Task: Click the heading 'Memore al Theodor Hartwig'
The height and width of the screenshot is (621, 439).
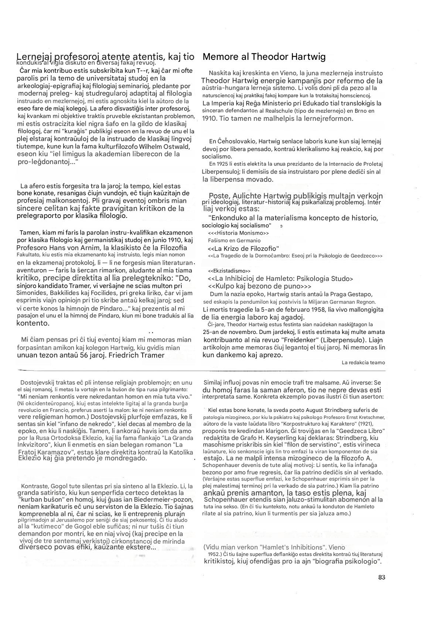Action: (x=264, y=57)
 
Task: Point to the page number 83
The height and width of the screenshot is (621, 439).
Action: (x=381, y=577)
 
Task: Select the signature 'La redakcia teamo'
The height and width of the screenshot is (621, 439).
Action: (x=363, y=362)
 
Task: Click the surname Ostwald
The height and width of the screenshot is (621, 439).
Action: (x=178, y=146)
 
